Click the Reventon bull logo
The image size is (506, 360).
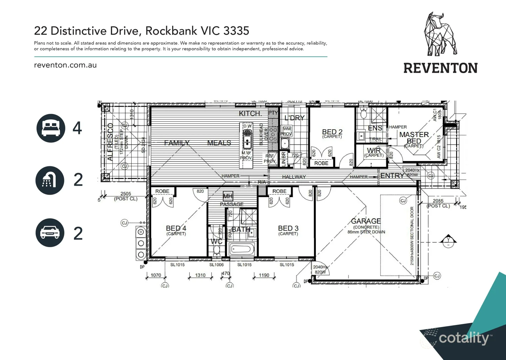point(440,35)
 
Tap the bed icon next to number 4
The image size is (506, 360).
point(51,128)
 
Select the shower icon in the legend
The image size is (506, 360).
point(50,180)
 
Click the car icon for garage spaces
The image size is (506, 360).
point(50,233)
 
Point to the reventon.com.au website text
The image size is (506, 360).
point(65,65)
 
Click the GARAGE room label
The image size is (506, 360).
point(366,221)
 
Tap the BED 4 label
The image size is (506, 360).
point(176,228)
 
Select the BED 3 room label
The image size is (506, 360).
point(288,228)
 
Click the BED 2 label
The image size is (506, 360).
point(332,132)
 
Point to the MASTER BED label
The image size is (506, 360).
point(414,138)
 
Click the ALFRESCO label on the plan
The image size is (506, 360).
point(110,142)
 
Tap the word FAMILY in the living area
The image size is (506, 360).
point(177,143)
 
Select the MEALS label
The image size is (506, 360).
point(219,143)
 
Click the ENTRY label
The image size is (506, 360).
point(392,176)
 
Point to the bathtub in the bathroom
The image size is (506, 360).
point(242,249)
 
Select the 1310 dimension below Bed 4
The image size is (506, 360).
point(200,275)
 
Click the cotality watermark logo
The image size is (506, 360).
point(463,338)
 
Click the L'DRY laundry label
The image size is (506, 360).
point(294,118)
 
